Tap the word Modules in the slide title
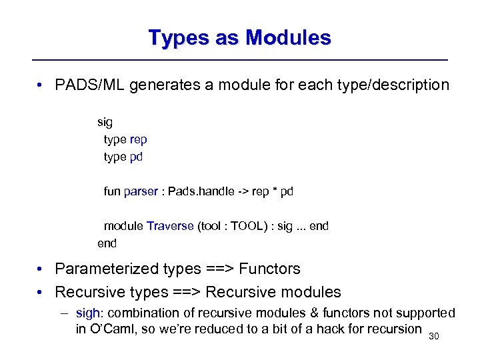click(x=289, y=37)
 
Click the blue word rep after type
click(x=139, y=139)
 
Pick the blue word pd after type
click(x=136, y=157)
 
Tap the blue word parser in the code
click(x=141, y=191)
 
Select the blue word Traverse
click(x=170, y=226)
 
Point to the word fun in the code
click(x=112, y=191)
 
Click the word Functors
click(x=269, y=269)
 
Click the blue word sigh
click(x=89, y=313)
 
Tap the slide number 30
click(x=435, y=337)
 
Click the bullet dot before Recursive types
click(x=41, y=293)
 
